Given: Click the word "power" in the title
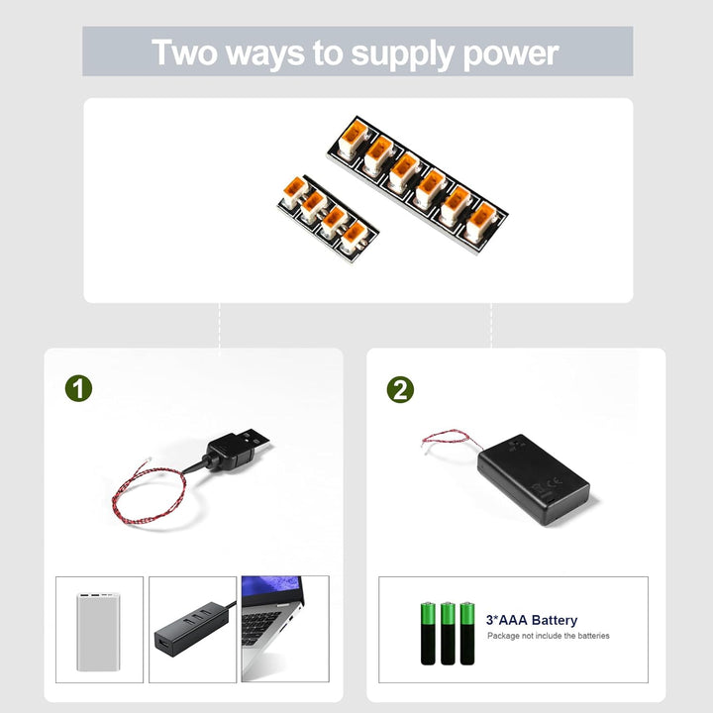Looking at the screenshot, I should [512, 52].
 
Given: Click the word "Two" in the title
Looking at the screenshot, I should [185, 52].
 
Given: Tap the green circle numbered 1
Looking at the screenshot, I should [78, 388].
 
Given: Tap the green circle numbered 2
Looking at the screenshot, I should [400, 389].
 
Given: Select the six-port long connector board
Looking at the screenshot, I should [417, 177].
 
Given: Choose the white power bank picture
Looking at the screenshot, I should [99, 630].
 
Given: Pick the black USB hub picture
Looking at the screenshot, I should [192, 630].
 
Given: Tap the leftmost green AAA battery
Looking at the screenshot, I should [429, 632].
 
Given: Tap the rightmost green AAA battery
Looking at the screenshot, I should [466, 632].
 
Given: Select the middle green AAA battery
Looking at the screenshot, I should [448, 632].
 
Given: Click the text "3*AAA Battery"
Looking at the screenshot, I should [531, 620].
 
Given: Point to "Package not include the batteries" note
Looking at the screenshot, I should [548, 636].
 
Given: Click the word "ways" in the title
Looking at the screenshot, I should [265, 53].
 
